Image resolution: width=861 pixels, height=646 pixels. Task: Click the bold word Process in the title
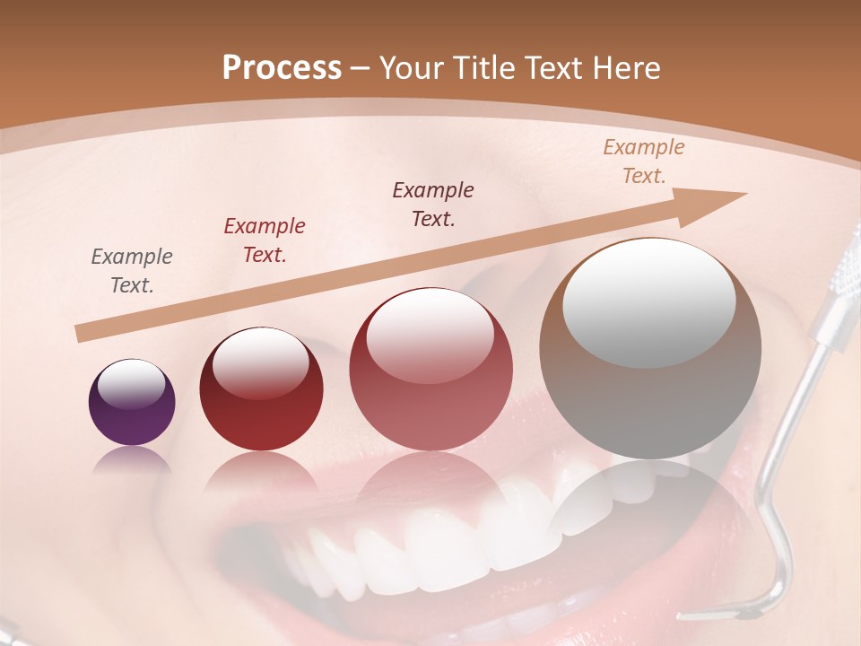coord(282,68)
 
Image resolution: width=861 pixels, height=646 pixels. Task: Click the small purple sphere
coord(132,403)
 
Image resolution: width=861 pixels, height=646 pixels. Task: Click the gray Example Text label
coord(132,271)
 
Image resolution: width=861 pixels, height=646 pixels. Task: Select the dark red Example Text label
coord(265,240)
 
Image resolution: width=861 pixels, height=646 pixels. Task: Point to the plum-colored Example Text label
coord(433,205)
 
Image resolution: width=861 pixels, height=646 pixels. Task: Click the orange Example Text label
coord(644,161)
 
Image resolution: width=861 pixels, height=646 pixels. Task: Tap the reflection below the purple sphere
coord(132,459)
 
